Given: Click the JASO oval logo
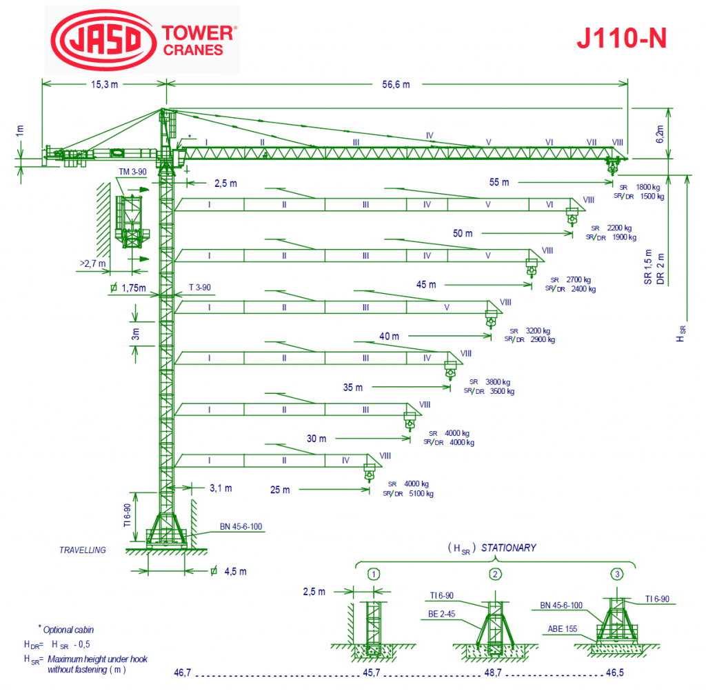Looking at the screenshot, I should [101, 39].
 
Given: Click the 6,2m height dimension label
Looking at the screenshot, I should [660, 133].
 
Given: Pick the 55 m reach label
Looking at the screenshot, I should [499, 182].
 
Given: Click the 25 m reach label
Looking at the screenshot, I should [280, 490].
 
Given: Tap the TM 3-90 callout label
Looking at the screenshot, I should [132, 172].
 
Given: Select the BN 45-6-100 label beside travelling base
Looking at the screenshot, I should [241, 526].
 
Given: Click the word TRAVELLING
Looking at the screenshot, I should [83, 550].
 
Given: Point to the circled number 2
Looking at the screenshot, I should [494, 574].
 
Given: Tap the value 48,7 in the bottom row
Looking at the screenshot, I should [492, 672].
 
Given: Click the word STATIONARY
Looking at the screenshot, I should [508, 548].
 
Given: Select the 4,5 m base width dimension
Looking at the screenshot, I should [234, 571].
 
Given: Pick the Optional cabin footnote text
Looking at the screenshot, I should [68, 630].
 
